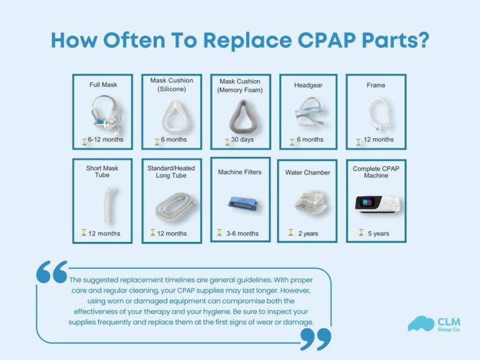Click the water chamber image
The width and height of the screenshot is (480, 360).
coord(307,202)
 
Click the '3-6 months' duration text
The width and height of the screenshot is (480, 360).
coord(242,233)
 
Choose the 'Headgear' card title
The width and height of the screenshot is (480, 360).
coord(307,86)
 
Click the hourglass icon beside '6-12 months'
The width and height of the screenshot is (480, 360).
coord(84,140)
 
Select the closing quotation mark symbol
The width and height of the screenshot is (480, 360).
coord(315,338)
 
